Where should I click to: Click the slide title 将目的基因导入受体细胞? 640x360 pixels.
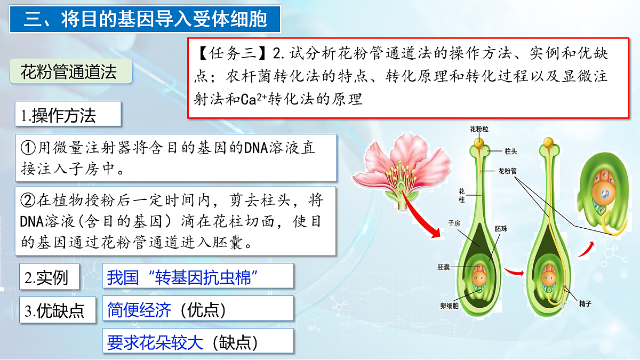tap(146, 20)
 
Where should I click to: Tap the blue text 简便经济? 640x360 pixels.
tap(139, 310)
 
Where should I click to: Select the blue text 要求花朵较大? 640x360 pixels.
tap(155, 342)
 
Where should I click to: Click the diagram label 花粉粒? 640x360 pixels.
tap(479, 130)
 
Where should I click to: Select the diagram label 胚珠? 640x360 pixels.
tap(501, 228)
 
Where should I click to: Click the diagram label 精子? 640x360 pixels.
tap(585, 303)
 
